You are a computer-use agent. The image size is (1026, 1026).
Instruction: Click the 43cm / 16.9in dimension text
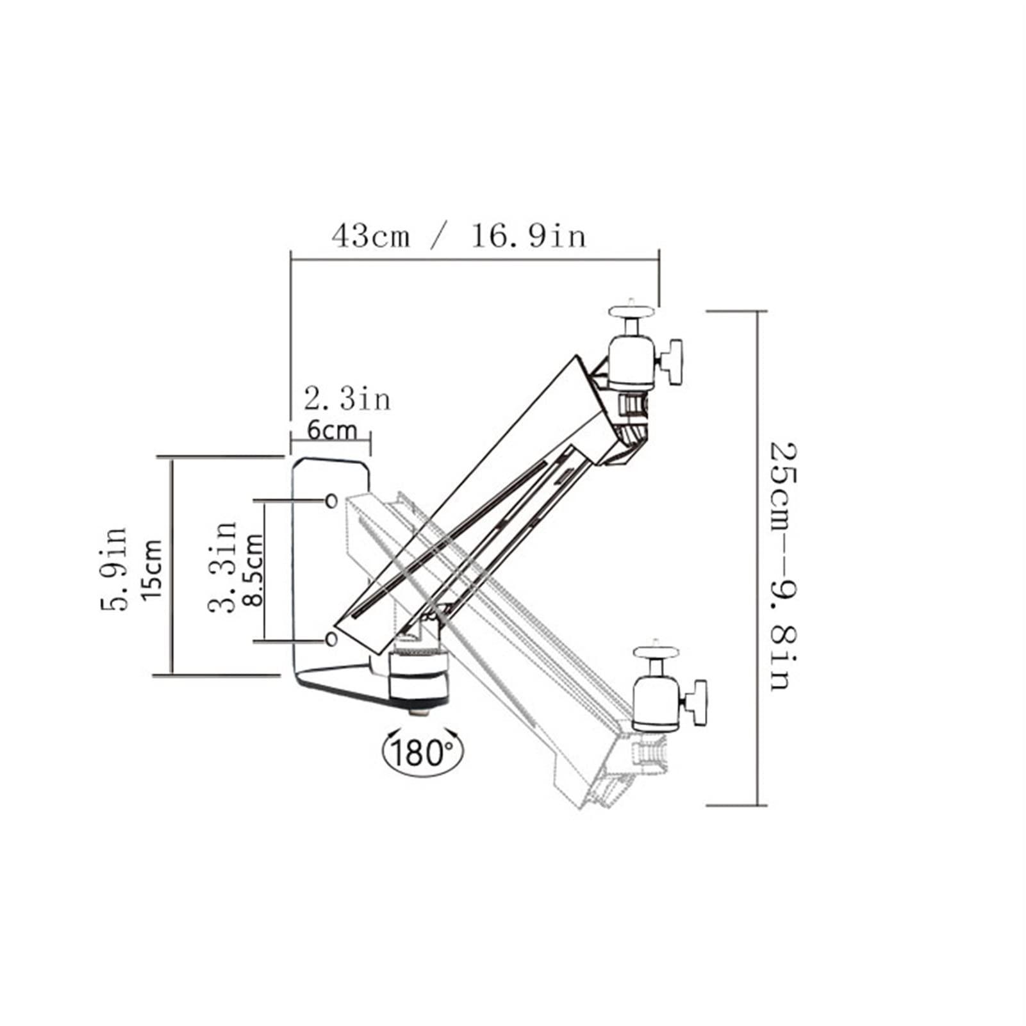click(458, 236)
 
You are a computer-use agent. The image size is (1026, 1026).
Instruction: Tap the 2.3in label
click(347, 400)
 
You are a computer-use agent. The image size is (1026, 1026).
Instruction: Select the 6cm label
click(331, 430)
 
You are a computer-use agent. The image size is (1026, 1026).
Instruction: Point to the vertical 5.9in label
click(115, 568)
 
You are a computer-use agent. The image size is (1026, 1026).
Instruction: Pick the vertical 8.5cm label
click(254, 569)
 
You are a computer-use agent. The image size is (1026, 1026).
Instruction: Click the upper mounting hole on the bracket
click(331, 501)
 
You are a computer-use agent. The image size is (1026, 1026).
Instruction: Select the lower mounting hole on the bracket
click(331, 639)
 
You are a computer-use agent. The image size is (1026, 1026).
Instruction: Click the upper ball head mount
click(631, 363)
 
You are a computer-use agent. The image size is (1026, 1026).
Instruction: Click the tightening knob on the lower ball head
click(697, 702)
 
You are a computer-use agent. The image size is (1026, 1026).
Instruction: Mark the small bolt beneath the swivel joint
click(420, 712)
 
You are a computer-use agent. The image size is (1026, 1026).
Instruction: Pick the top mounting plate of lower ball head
click(656, 652)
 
